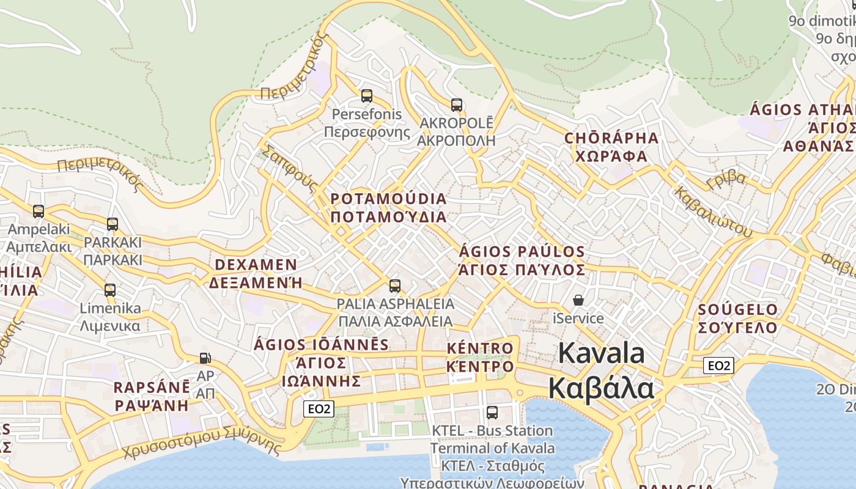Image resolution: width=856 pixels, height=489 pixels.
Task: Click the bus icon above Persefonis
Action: point(367,96)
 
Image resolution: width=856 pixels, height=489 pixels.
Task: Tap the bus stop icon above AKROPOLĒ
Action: point(457,105)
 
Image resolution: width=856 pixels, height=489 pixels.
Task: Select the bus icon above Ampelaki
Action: point(39,211)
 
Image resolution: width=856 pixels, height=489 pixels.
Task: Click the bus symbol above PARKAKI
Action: point(113,224)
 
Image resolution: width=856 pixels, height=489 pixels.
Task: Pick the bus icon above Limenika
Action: point(110,290)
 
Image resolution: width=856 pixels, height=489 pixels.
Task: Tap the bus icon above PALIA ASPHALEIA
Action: point(395,286)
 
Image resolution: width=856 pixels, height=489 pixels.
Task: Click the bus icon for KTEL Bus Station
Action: point(492,413)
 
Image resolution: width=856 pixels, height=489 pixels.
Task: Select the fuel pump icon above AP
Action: point(205,358)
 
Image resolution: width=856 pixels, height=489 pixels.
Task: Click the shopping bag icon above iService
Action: point(578,300)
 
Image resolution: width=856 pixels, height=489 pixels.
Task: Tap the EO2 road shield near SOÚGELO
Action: point(718,366)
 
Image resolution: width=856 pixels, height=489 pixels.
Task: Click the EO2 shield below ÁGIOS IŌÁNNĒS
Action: point(319,408)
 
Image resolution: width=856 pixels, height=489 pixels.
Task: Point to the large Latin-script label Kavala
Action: point(602,354)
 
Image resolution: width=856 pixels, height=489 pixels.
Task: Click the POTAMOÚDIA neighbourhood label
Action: point(389,199)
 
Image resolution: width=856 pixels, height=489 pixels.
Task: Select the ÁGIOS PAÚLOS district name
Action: point(522,252)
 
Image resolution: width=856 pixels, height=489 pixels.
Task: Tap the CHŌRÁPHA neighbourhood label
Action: point(611,138)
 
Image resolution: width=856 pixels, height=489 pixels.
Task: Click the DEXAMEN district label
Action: point(256,265)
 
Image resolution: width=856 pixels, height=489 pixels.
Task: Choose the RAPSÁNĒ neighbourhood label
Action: point(152,388)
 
